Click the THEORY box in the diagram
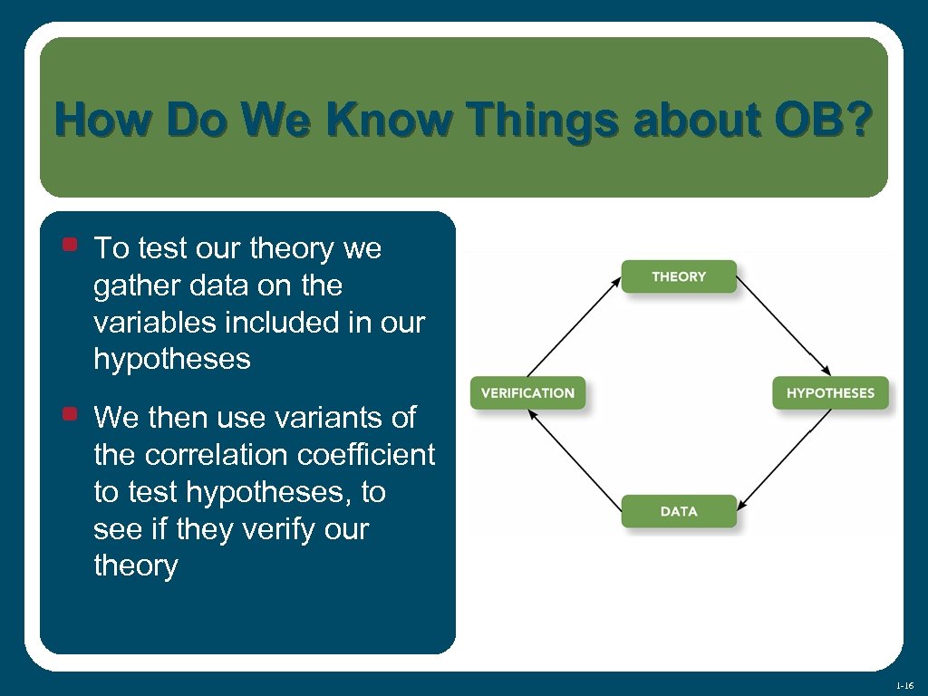679,276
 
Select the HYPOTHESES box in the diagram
830,393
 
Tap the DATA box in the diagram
679,511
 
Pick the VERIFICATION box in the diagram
527,393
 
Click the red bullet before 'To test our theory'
69,244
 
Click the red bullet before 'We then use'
69,414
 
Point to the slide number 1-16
903,686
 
